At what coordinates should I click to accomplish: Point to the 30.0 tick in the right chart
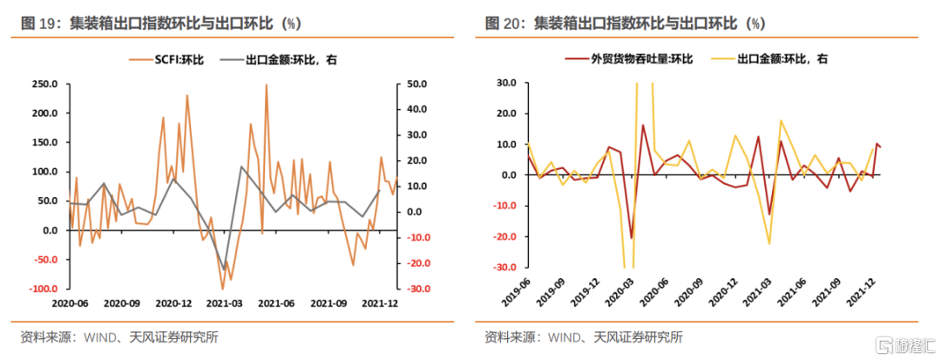pos(506,85)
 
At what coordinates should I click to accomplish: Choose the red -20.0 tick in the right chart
pos(504,237)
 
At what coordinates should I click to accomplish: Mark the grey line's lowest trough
pos(224,269)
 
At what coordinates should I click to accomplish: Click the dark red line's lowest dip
pos(632,237)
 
